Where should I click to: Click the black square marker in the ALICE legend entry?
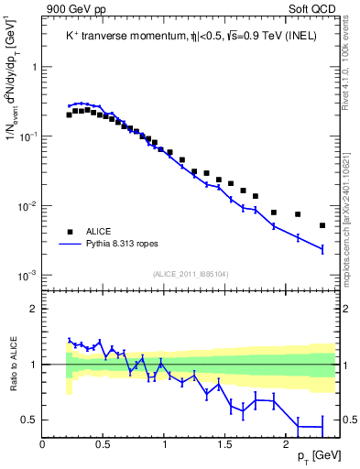point(69,231)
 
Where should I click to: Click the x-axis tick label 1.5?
point(225,443)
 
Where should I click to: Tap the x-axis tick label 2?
point(287,443)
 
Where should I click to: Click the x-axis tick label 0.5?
point(104,443)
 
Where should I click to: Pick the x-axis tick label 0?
point(43,443)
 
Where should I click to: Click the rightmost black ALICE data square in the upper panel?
point(322,225)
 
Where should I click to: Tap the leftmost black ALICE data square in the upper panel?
point(69,115)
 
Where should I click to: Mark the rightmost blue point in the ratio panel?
point(322,427)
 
